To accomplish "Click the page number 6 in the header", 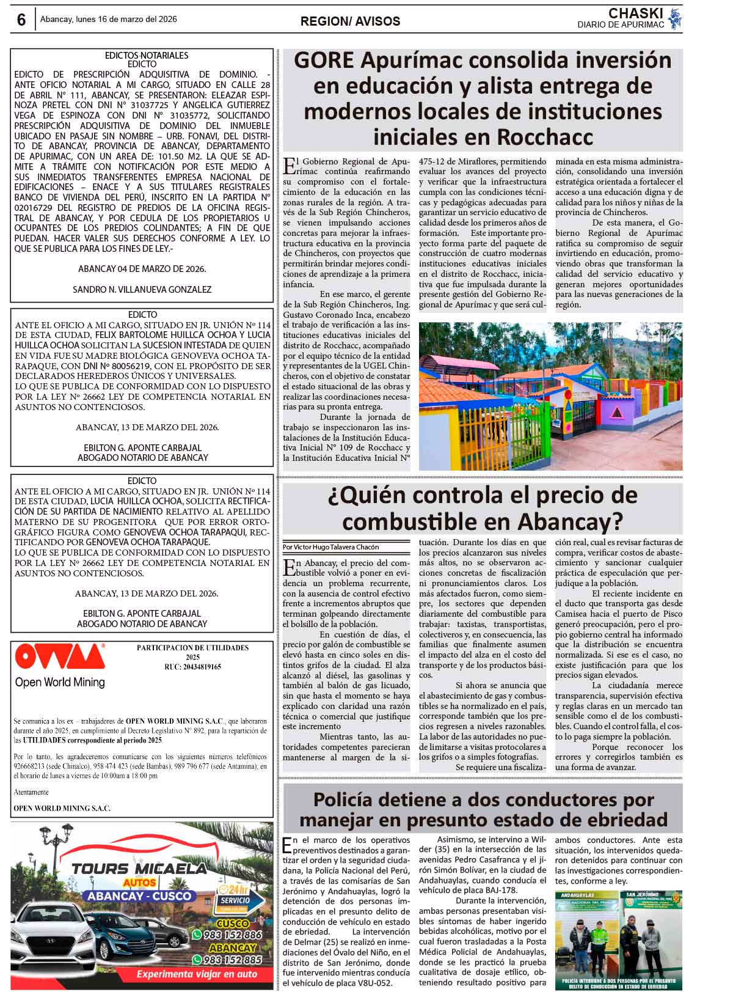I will (x=21, y=20).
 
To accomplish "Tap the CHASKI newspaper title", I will (x=635, y=13).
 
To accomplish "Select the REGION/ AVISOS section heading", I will (x=350, y=21).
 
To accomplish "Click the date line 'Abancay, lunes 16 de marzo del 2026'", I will (x=109, y=20).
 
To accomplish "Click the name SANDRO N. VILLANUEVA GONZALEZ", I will (x=142, y=289).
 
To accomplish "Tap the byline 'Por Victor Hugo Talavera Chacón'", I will (x=330, y=547).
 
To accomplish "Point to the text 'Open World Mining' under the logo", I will (x=60, y=682).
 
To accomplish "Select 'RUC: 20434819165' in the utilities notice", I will (x=192, y=667).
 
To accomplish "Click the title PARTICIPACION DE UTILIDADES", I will (x=192, y=648).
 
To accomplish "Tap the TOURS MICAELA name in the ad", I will (x=139, y=869).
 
